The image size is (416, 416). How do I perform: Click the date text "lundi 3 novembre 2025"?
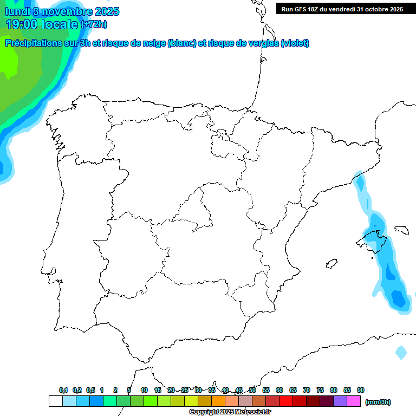click(62, 11)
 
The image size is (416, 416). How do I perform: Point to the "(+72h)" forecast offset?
click(94, 24)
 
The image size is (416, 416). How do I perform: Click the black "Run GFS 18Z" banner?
click(342, 9)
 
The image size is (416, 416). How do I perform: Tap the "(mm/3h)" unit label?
click(378, 402)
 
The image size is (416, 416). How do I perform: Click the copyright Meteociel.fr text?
click(230, 412)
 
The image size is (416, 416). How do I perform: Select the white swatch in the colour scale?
click(55, 401)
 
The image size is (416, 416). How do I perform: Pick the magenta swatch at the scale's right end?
click(354, 401)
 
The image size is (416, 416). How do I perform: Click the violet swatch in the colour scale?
click(340, 401)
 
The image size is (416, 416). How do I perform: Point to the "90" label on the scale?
click(361, 390)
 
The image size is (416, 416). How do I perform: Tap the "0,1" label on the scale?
click(63, 390)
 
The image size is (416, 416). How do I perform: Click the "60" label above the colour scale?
click(279, 390)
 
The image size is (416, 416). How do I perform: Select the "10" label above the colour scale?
click(144, 390)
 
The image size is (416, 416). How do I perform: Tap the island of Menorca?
click(401, 230)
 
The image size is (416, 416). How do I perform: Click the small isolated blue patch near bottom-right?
click(401, 353)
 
